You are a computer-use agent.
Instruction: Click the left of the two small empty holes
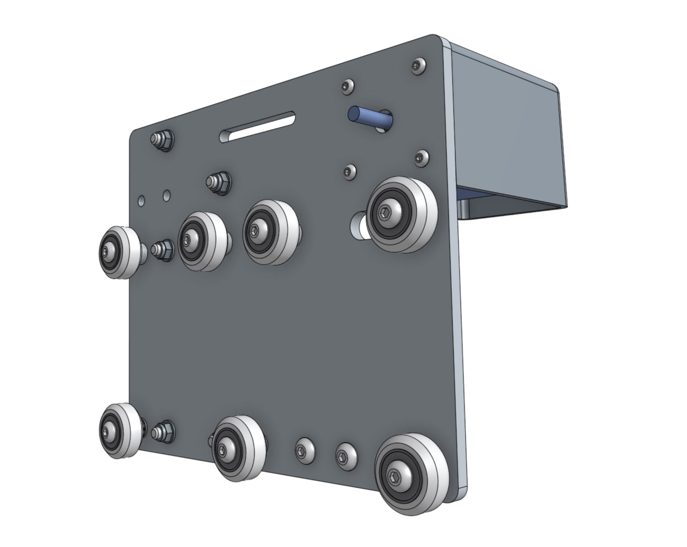tap(141, 200)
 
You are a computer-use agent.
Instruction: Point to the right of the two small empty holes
tap(166, 195)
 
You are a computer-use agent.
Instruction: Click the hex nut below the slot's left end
tap(219, 183)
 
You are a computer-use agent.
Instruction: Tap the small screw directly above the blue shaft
tap(347, 86)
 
